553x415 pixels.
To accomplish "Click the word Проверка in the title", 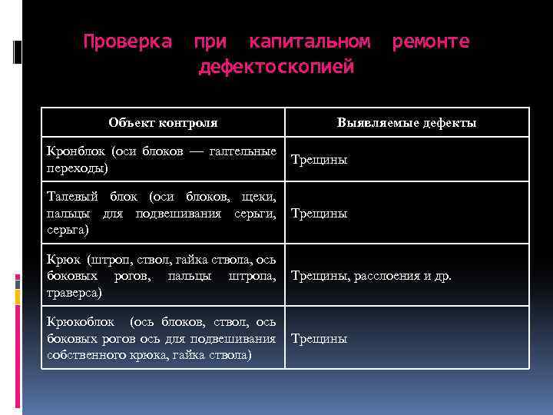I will tap(127, 41).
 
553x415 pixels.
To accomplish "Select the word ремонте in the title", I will tap(430, 41).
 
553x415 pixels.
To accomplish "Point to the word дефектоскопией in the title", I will tap(276, 68).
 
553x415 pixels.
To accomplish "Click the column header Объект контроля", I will tap(163, 122).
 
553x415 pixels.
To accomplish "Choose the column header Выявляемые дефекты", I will tap(406, 122).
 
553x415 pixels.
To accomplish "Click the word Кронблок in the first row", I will tap(75, 152).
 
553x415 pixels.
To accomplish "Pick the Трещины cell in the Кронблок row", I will tap(320, 160).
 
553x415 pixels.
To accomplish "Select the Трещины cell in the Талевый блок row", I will tap(320, 213).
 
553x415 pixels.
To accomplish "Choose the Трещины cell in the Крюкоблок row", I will tap(320, 338).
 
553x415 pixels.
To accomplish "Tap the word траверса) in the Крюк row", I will tap(73, 293).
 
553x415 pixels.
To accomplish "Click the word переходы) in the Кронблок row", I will tap(77, 168).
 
